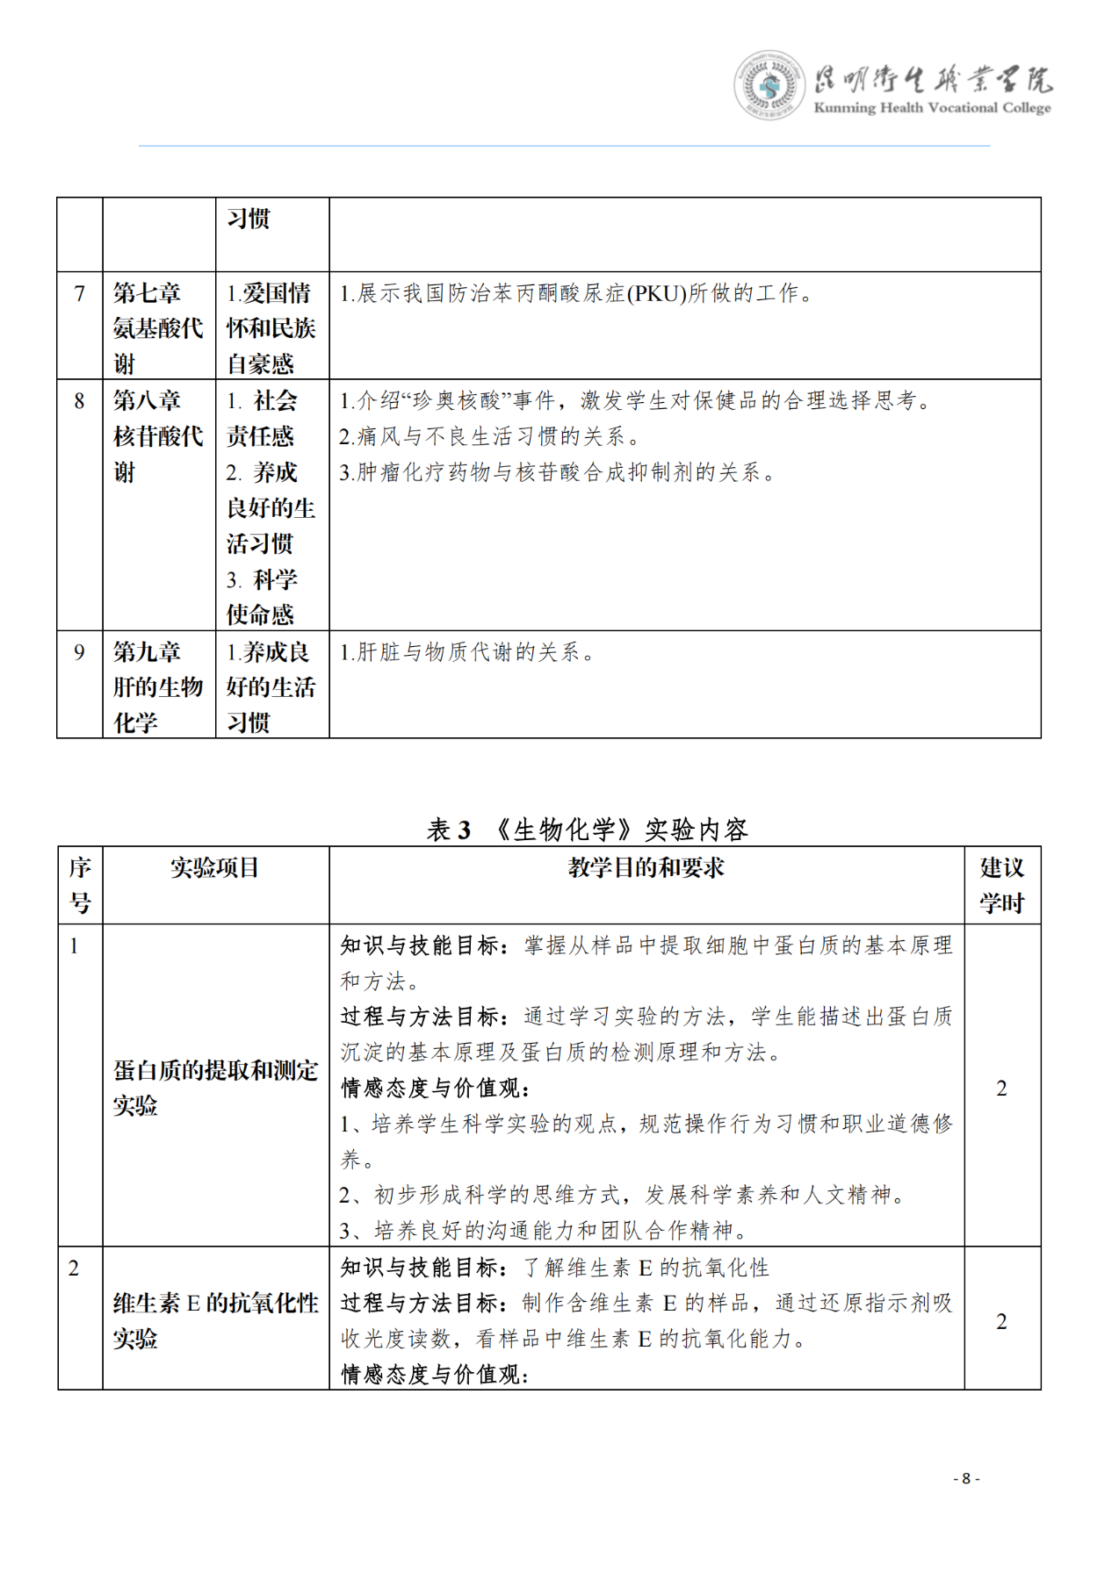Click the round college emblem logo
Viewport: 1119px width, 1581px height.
coord(769,85)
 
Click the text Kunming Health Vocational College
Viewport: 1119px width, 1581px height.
coord(932,108)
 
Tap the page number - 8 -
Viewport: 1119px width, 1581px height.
coord(966,1478)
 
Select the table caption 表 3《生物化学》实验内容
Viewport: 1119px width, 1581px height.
coord(587,829)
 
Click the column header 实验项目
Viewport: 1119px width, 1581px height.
coord(215,868)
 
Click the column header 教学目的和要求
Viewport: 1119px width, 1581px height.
coord(646,868)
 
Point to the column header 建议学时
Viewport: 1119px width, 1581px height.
coord(1002,885)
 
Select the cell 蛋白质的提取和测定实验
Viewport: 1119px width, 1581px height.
coord(215,1087)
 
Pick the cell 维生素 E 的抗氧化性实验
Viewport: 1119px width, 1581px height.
coord(215,1320)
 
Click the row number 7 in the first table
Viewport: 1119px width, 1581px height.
coord(80,293)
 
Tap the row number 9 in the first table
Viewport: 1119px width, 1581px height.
coord(80,652)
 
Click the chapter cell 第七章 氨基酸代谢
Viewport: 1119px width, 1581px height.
coord(158,327)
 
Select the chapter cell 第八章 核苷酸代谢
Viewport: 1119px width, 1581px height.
coord(158,436)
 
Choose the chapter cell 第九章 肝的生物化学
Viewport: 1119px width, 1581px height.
coord(158,687)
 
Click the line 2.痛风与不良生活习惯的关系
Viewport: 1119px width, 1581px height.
coord(489,437)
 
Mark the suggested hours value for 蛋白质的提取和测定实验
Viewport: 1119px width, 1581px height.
coord(1001,1089)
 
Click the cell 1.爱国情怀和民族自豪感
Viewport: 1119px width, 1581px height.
coord(271,327)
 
